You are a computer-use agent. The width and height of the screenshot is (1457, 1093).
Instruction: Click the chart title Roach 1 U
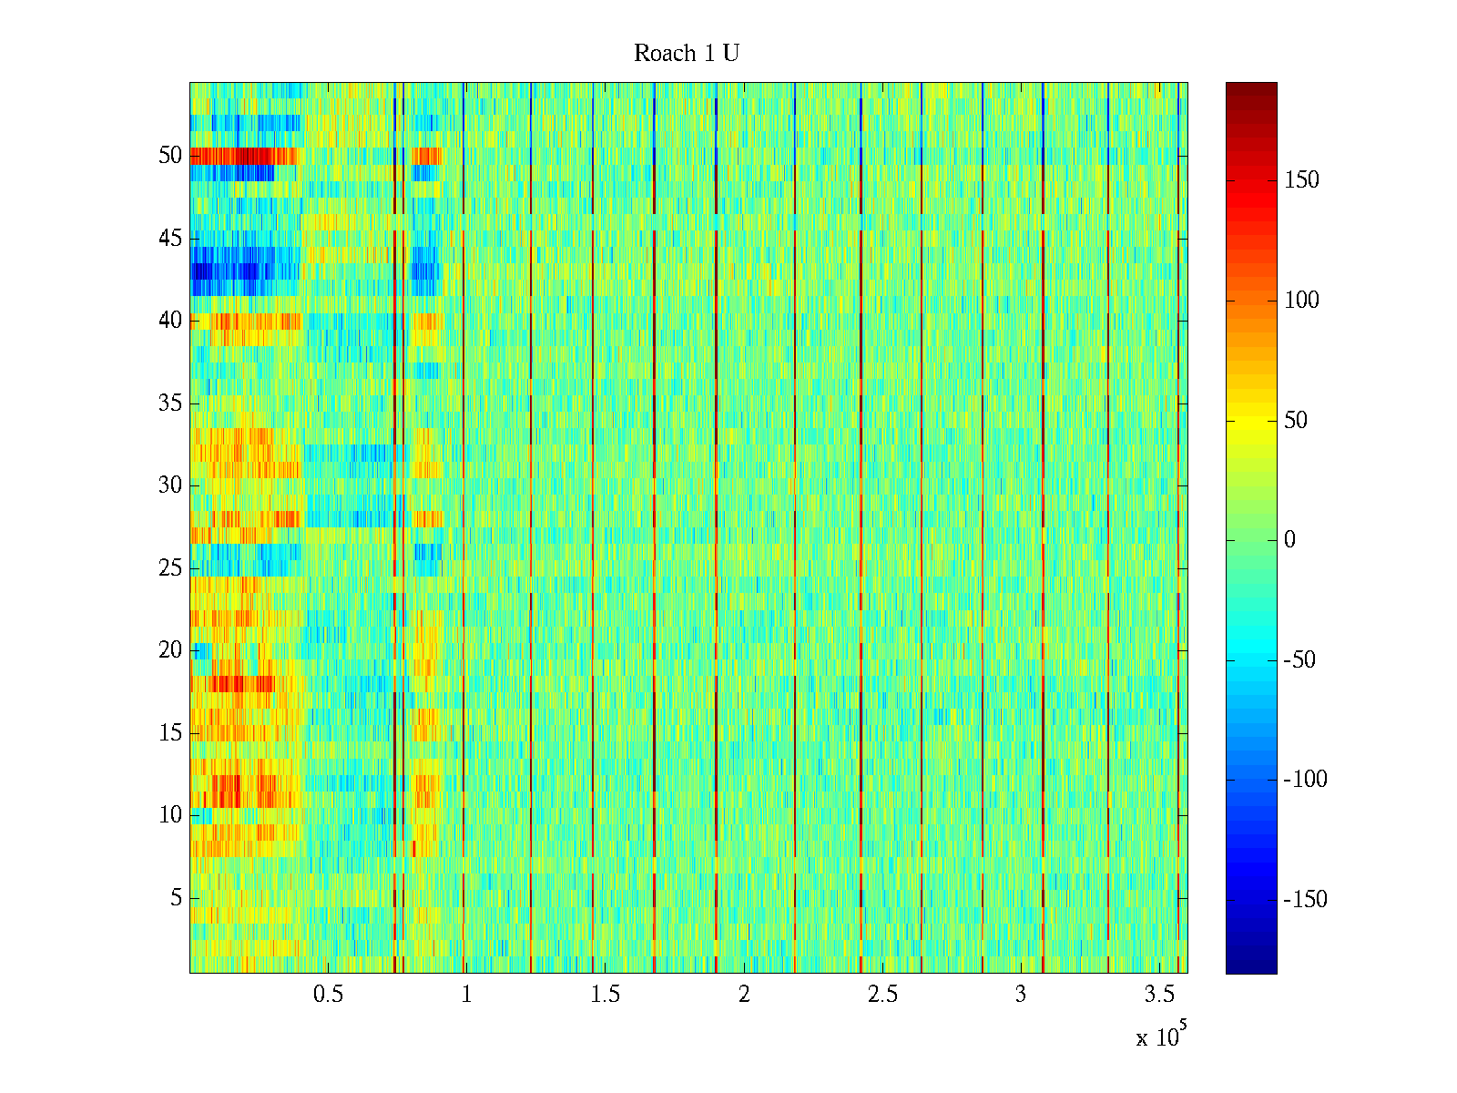(x=686, y=54)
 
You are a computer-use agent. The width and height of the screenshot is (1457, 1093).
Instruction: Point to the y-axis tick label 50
(x=170, y=156)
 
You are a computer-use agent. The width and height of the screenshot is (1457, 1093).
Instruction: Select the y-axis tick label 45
(x=170, y=239)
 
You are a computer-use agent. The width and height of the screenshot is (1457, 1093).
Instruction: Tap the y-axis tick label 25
(x=170, y=568)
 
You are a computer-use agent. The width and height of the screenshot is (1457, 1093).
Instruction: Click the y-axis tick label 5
(x=176, y=898)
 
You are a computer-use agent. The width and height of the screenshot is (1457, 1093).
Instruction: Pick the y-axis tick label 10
(x=170, y=815)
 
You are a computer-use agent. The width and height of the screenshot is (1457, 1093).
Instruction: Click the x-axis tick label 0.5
(x=328, y=995)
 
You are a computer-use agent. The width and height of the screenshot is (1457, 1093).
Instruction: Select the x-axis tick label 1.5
(x=606, y=995)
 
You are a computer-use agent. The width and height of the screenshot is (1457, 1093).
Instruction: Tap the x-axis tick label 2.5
(x=882, y=995)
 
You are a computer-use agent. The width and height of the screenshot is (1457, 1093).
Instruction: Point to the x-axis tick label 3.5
(x=1160, y=995)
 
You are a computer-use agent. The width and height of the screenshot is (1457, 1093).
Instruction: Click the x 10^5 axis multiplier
(x=1160, y=1037)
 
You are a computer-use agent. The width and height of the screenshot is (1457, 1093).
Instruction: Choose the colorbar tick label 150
(x=1301, y=180)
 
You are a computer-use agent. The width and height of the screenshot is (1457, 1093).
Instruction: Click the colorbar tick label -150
(x=1305, y=900)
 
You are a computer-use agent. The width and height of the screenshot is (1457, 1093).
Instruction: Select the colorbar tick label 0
(x=1289, y=540)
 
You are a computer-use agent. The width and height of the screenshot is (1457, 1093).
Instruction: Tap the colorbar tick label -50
(x=1299, y=660)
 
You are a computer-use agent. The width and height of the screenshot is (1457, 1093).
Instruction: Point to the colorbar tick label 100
(x=1301, y=301)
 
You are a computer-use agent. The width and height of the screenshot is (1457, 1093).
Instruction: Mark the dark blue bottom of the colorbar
(x=1251, y=967)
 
